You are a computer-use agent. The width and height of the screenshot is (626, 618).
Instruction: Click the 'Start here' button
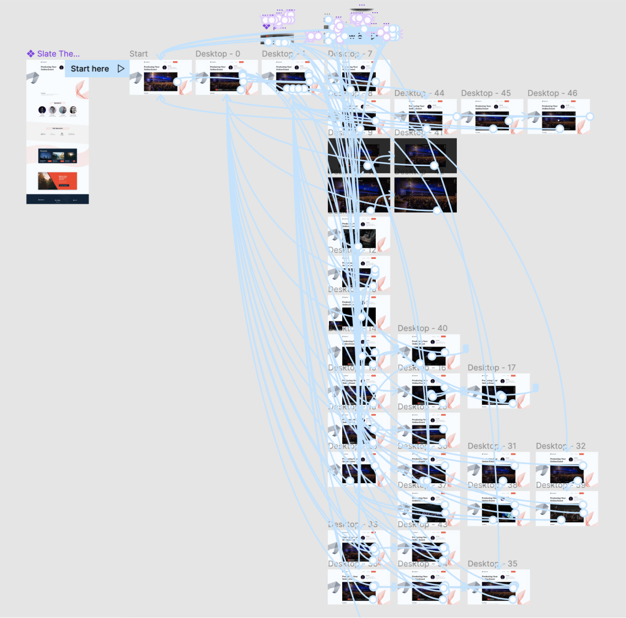tap(90, 69)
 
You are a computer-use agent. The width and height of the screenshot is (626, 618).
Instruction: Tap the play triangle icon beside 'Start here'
tap(121, 68)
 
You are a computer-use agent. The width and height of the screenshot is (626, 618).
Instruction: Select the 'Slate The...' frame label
tap(58, 54)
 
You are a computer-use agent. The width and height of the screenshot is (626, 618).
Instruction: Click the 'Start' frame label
tap(139, 54)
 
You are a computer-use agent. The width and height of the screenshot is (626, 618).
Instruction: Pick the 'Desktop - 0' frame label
tap(218, 54)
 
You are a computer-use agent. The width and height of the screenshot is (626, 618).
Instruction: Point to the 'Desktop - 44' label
tap(419, 93)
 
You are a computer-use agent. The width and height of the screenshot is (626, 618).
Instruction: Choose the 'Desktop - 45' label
tap(486, 93)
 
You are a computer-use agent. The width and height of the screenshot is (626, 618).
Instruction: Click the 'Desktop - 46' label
tap(552, 93)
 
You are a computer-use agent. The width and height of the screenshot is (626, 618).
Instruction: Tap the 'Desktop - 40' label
tap(423, 328)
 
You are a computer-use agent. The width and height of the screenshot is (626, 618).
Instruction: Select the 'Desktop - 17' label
tap(491, 368)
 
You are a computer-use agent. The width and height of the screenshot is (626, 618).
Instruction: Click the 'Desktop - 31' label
tap(492, 446)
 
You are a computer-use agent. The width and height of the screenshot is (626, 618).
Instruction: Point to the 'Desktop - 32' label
tap(560, 446)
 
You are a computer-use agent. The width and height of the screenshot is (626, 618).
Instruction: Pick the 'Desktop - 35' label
tap(492, 563)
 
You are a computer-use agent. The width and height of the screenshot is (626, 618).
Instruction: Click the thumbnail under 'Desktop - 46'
tap(558, 116)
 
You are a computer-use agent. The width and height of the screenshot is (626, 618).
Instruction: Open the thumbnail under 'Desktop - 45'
tap(492, 116)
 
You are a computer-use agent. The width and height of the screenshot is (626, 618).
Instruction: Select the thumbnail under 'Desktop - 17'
tap(498, 391)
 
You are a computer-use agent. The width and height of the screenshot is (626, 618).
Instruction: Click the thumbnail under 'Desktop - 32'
tap(567, 469)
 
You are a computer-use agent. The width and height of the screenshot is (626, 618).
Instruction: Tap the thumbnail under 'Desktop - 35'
tap(498, 586)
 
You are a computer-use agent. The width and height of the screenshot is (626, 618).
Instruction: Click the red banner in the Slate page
tap(57, 181)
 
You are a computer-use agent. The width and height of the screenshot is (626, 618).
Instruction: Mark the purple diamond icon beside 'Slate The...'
tap(30, 54)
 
